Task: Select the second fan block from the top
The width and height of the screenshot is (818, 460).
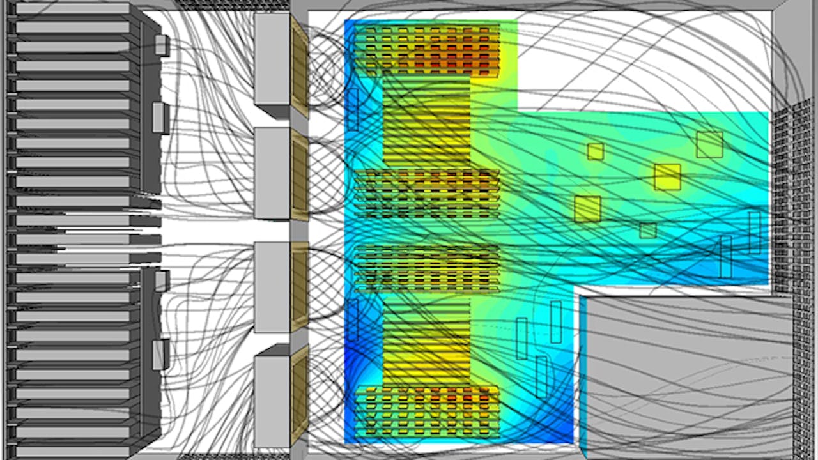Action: (272, 172)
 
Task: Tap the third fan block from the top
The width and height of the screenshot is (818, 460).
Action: (272, 287)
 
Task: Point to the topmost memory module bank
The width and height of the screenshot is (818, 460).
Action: (427, 50)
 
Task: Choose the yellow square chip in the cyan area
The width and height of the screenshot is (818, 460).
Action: (667, 177)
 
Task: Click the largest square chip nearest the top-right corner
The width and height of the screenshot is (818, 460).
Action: (709, 144)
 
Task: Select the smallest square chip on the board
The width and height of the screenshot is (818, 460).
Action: (647, 231)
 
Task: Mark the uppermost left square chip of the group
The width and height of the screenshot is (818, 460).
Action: (595, 151)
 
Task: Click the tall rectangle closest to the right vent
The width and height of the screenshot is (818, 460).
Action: (755, 233)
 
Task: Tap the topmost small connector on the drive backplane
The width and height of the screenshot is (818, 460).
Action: (162, 45)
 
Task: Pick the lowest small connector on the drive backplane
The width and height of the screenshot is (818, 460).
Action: (160, 355)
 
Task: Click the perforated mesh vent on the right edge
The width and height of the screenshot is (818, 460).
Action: (792, 192)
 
